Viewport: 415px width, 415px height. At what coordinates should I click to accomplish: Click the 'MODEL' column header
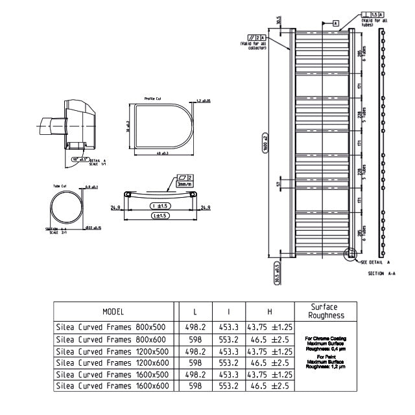(x=113, y=312)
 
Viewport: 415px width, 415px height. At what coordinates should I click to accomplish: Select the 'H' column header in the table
(x=269, y=312)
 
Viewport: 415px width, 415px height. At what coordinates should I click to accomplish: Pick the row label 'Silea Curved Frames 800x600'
(x=112, y=338)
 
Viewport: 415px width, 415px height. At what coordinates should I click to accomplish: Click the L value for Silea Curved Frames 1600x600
(x=195, y=385)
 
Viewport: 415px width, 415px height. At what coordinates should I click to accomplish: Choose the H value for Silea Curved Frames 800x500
(x=269, y=327)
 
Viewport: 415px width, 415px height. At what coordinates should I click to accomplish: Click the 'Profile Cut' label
(x=153, y=99)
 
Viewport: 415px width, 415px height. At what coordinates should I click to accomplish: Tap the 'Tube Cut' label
(x=60, y=186)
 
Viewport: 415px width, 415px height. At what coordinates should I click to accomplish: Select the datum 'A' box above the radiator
(x=337, y=23)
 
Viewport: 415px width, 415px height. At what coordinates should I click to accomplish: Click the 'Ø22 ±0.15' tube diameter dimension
(x=93, y=228)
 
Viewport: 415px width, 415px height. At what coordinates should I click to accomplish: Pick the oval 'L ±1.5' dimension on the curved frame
(x=160, y=215)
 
